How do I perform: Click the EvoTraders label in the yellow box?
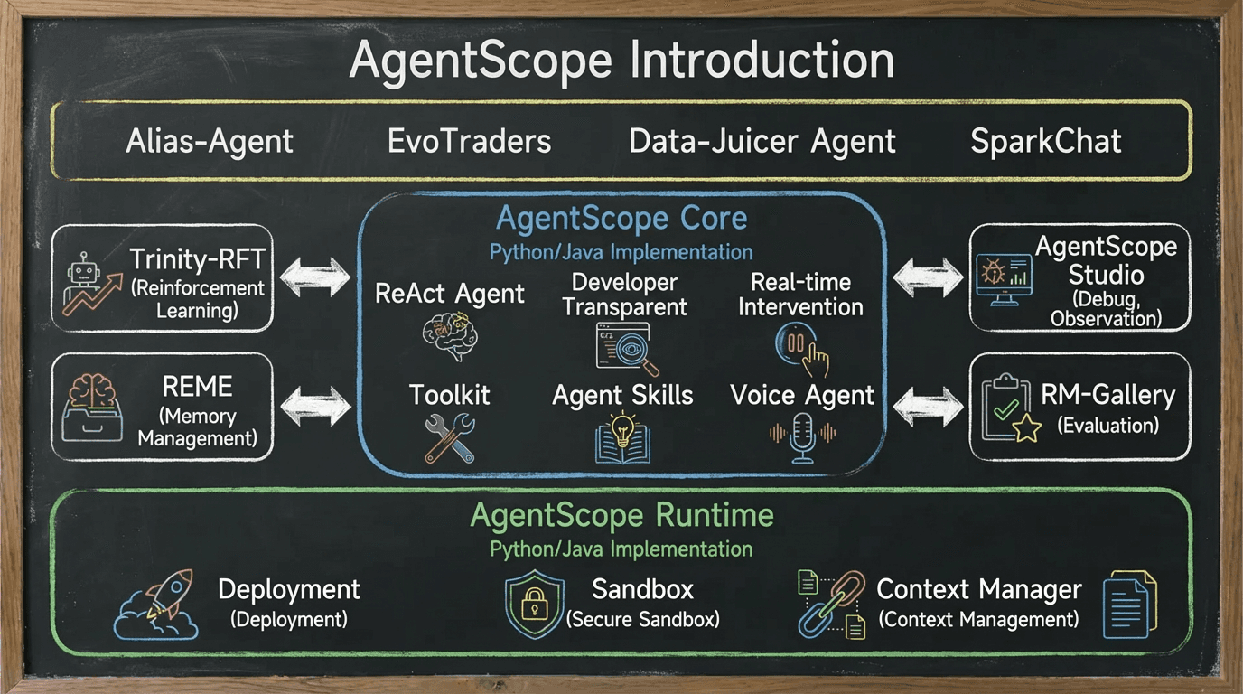469,142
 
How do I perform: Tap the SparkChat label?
1046,142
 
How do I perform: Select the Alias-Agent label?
210,142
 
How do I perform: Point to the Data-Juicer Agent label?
762,142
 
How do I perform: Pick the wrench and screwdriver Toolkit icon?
449,438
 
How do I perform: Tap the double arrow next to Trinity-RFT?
315,277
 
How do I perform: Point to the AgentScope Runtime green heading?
621,516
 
